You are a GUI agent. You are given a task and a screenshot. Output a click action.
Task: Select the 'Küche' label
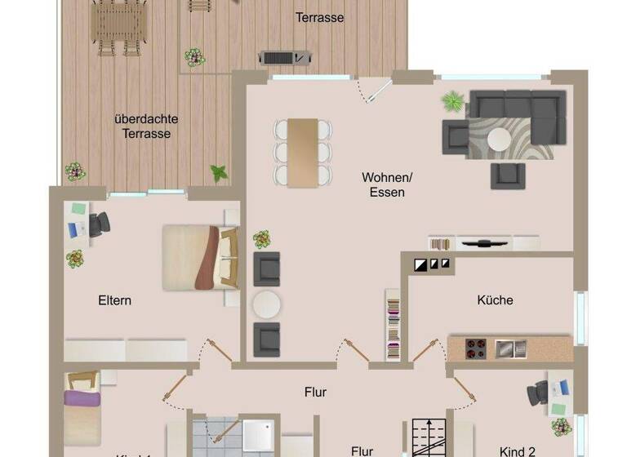[495, 299]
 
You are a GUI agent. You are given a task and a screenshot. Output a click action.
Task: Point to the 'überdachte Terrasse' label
[146, 126]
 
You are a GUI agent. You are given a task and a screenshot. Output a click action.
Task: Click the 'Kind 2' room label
[517, 450]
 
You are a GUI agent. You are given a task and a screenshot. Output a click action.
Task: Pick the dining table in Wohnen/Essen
[303, 152]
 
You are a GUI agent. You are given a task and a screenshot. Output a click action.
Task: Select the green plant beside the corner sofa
[452, 102]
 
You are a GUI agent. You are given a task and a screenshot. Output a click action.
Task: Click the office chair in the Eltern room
[99, 224]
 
